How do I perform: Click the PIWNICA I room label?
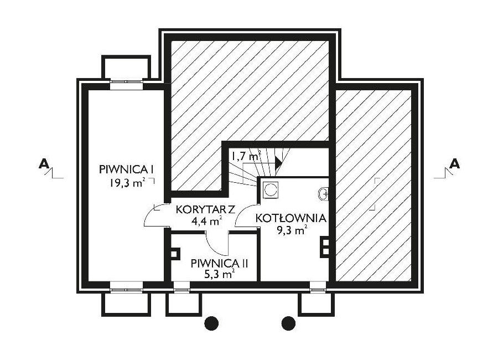pyautogui.click(x=126, y=169)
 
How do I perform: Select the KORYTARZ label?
pyautogui.click(x=205, y=209)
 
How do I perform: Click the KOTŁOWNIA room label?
pyautogui.click(x=291, y=218)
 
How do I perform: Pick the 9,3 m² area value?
pyautogui.click(x=292, y=230)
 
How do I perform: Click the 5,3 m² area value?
pyautogui.click(x=220, y=274)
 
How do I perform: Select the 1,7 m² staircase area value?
pyautogui.click(x=246, y=156)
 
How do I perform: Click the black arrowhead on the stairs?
pyautogui.click(x=278, y=162)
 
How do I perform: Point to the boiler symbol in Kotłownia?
pyautogui.click(x=271, y=190)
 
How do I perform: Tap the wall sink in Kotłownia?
pyautogui.click(x=323, y=194)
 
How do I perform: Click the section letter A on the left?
pyautogui.click(x=44, y=164)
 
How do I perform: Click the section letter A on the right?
pyautogui.click(x=455, y=163)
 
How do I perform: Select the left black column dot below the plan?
pyautogui.click(x=211, y=323)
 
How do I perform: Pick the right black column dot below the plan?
pyautogui.click(x=288, y=323)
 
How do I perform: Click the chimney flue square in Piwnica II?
pyautogui.click(x=174, y=254)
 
